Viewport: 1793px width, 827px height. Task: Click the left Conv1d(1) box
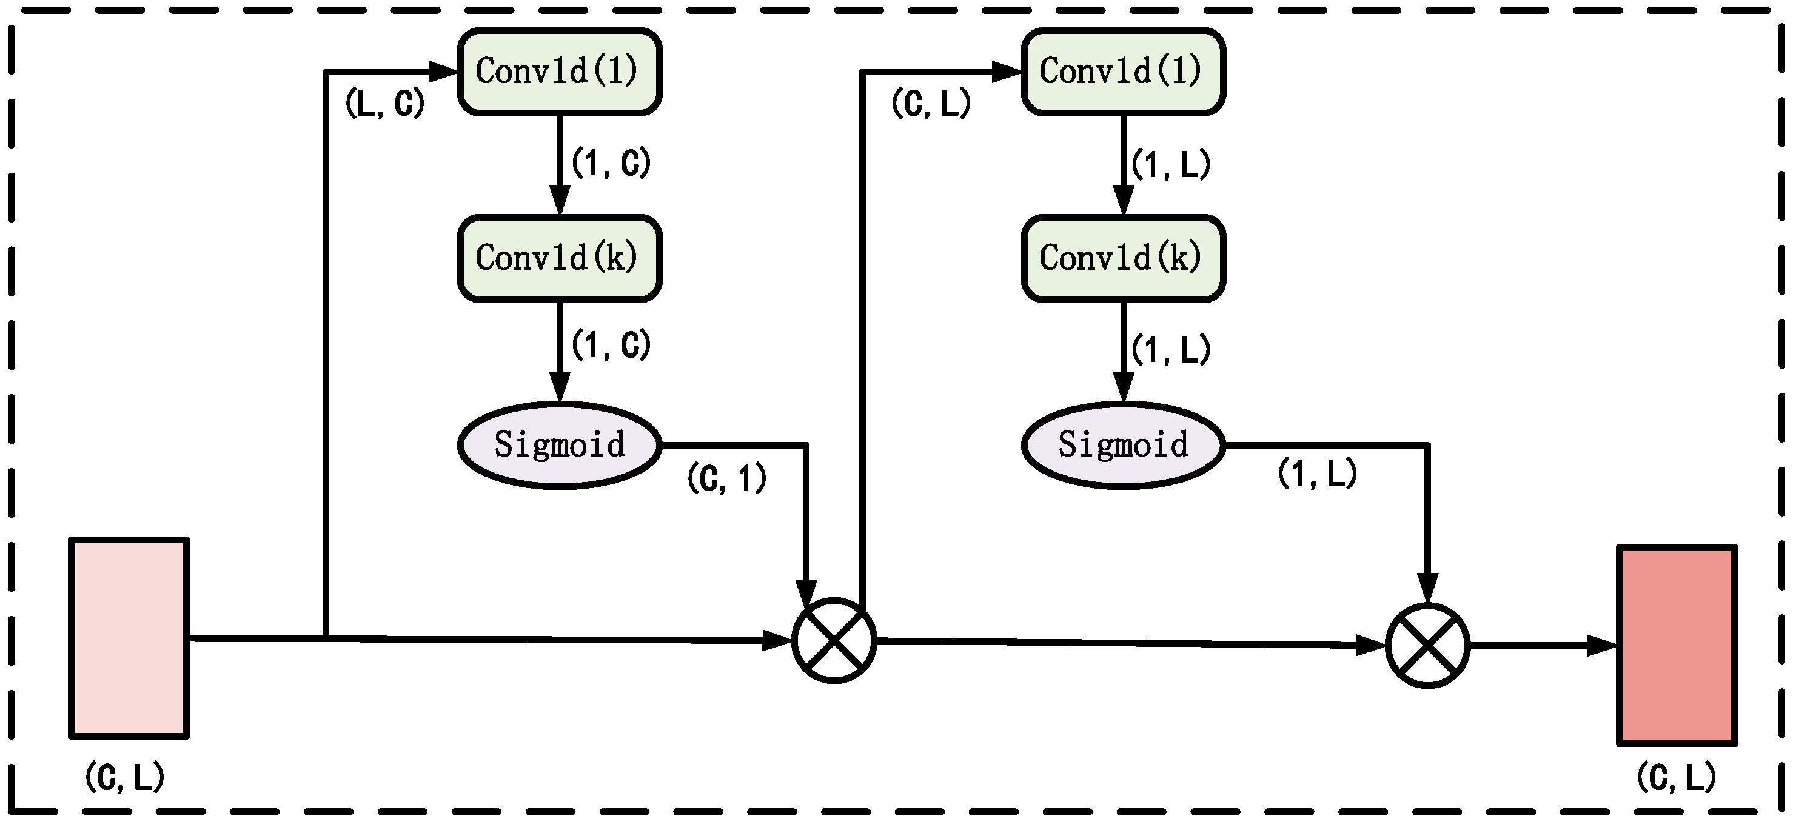[559, 71]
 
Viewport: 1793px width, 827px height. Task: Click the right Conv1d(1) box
[1123, 71]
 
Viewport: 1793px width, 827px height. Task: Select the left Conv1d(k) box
[559, 258]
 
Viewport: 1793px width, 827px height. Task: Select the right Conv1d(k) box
[1123, 258]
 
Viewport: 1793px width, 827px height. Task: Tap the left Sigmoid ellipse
[559, 445]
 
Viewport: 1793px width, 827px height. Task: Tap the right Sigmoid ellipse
[1123, 445]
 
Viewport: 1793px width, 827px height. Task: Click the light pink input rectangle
[129, 638]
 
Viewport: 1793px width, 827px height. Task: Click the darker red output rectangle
[1676, 645]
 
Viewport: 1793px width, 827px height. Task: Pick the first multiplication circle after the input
[834, 640]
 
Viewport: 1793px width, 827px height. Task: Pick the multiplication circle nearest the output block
[1427, 646]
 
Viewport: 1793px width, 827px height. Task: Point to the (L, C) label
[384, 104]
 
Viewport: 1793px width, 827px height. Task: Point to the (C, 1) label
[726, 479]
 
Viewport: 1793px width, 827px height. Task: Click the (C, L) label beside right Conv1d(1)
[931, 104]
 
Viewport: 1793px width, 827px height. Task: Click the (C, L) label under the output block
[1676, 777]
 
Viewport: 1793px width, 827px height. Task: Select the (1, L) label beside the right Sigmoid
[1317, 474]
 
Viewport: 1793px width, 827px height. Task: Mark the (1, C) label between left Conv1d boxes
[611, 164]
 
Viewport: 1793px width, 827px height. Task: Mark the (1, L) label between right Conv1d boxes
[1171, 165]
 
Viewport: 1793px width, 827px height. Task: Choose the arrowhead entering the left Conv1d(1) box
[443, 71]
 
